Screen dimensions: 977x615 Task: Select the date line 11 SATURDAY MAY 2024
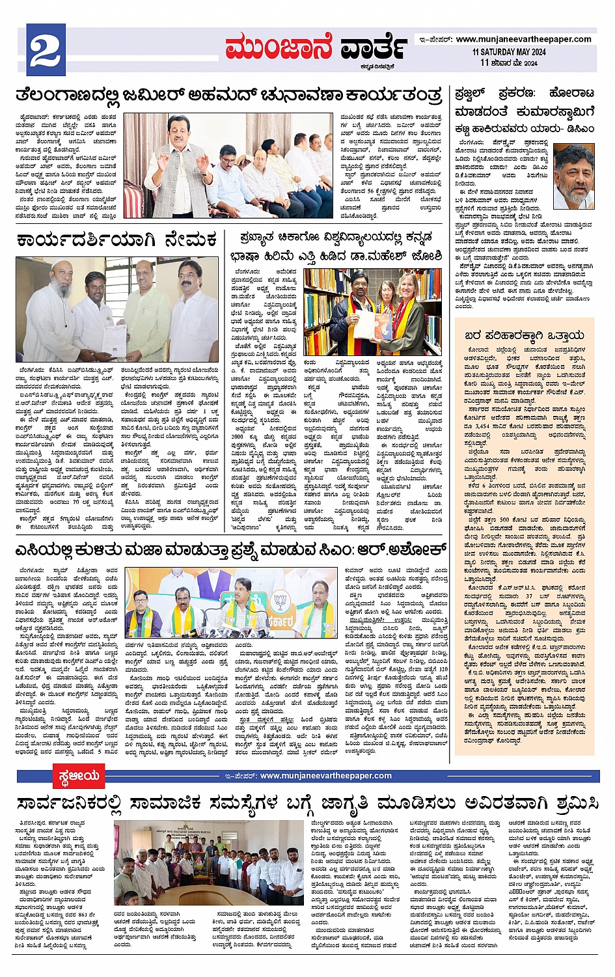[509, 52]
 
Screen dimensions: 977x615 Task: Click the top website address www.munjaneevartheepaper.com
[523, 39]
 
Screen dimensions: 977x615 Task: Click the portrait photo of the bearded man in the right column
[573, 176]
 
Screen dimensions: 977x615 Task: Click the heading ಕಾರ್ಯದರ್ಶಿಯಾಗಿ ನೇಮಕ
[116, 240]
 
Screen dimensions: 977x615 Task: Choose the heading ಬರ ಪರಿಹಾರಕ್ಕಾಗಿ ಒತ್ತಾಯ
[524, 335]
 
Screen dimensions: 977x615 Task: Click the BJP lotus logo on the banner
[280, 601]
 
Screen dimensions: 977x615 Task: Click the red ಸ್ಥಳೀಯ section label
[78, 776]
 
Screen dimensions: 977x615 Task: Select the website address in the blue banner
[325, 776]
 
